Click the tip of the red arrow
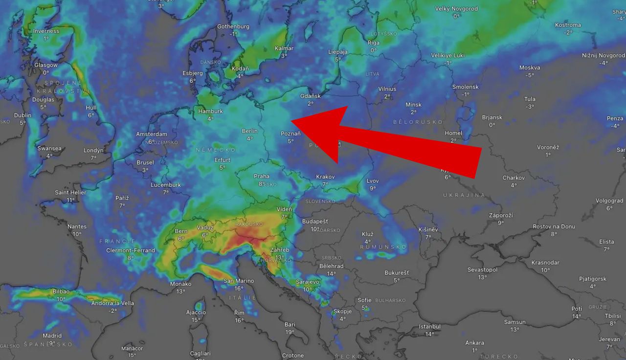click(x=291, y=121)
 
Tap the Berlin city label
click(x=249, y=131)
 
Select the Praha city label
click(x=262, y=177)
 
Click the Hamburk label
click(x=210, y=112)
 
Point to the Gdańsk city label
click(x=311, y=96)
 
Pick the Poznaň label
click(x=291, y=134)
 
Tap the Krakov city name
click(x=325, y=177)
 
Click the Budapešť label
click(x=315, y=222)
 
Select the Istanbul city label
click(x=429, y=327)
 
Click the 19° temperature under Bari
click(x=290, y=332)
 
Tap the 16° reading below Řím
click(x=239, y=320)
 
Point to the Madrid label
click(x=52, y=336)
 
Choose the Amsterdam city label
click(x=152, y=135)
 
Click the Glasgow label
click(x=46, y=65)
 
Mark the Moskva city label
click(x=530, y=68)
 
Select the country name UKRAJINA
click(x=464, y=195)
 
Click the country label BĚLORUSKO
click(x=418, y=122)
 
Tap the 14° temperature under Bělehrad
click(x=331, y=274)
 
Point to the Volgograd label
click(x=609, y=201)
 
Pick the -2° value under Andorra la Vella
click(x=113, y=311)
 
